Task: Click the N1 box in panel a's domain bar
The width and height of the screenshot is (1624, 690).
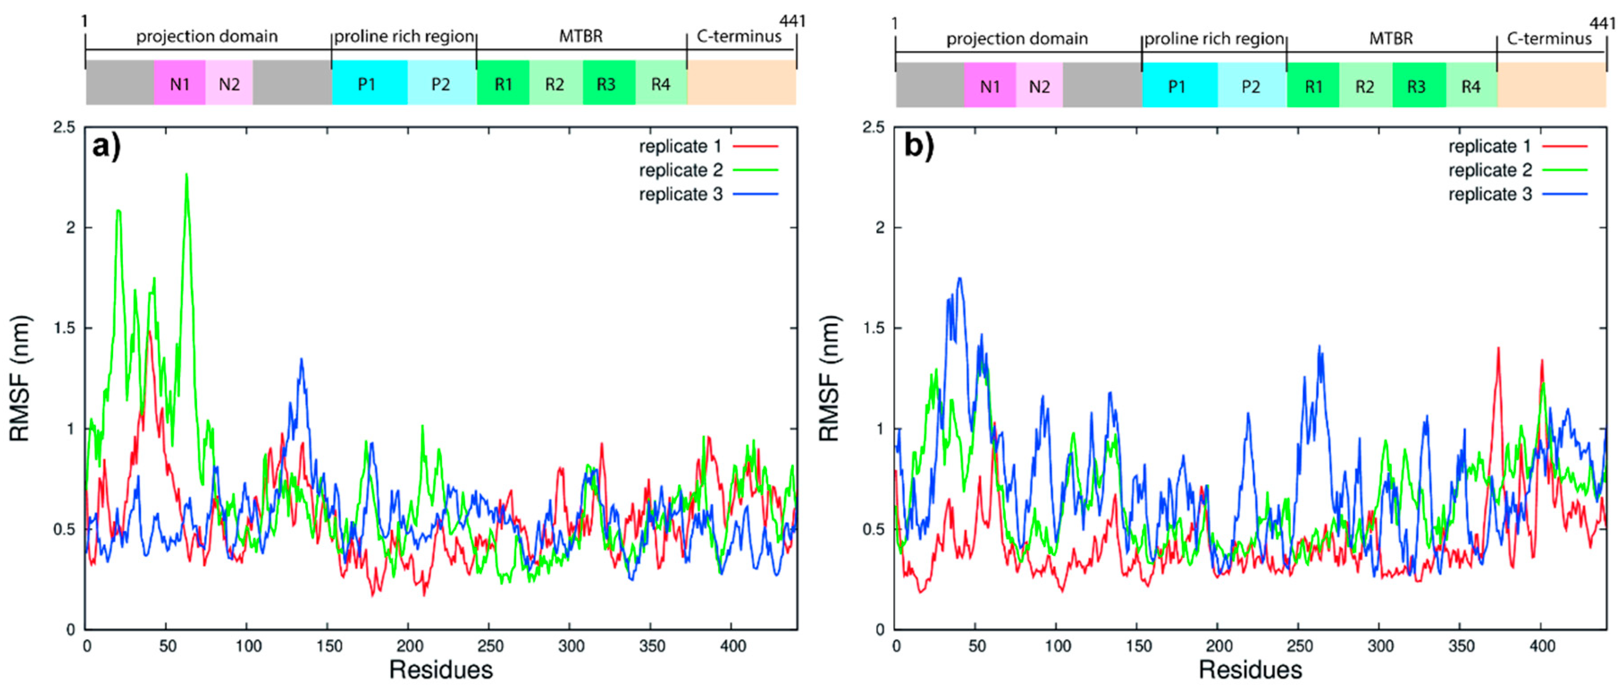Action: pyautogui.click(x=180, y=84)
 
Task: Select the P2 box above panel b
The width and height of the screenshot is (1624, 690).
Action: pyautogui.click(x=1251, y=86)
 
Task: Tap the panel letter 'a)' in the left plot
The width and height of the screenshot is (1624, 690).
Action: pyautogui.click(x=106, y=147)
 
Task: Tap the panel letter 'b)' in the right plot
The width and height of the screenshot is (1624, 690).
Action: pyautogui.click(x=919, y=147)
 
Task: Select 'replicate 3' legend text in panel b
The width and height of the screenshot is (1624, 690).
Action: pyautogui.click(x=1490, y=194)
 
